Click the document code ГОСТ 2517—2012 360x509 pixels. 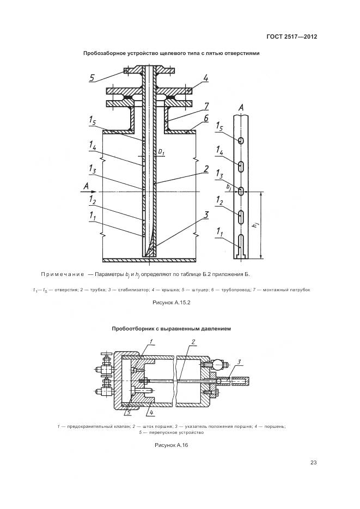pos(292,37)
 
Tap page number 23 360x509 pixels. pos(313,463)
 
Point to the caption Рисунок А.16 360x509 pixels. pos(171,445)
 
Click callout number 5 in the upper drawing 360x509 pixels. pos(93,78)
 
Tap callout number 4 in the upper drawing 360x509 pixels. pos(206,78)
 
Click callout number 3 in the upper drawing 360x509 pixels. pos(206,214)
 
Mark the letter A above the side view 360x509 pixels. pos(241,107)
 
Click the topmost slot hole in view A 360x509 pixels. pos(240,140)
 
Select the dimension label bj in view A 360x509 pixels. pos(229,186)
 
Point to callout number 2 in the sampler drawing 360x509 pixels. pos(192,341)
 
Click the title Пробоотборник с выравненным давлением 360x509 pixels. pos(172,329)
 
